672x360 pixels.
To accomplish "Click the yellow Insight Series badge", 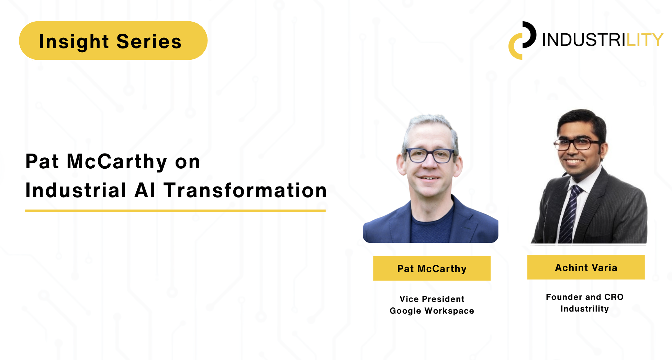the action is click(x=113, y=41).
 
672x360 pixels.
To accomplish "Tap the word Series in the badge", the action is click(x=149, y=42).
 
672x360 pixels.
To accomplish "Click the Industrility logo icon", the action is click(x=522, y=41).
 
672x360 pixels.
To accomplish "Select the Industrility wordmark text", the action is click(x=603, y=40).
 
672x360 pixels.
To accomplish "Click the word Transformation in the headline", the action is click(x=245, y=190).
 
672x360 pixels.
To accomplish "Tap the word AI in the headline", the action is click(x=145, y=190).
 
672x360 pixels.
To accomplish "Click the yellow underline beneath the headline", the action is click(x=175, y=211).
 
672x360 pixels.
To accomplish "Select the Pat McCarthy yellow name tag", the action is click(x=432, y=268).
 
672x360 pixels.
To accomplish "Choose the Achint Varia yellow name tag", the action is click(x=586, y=267).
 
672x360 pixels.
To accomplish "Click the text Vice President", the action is click(x=432, y=299).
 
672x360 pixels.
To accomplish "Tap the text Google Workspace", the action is click(x=432, y=311).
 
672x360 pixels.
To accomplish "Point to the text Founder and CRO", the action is click(x=585, y=297).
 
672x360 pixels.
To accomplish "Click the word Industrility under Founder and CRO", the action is click(x=585, y=309).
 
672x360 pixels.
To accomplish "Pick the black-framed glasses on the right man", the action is click(x=577, y=144).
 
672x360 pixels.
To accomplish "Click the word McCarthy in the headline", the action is click(x=117, y=161).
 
